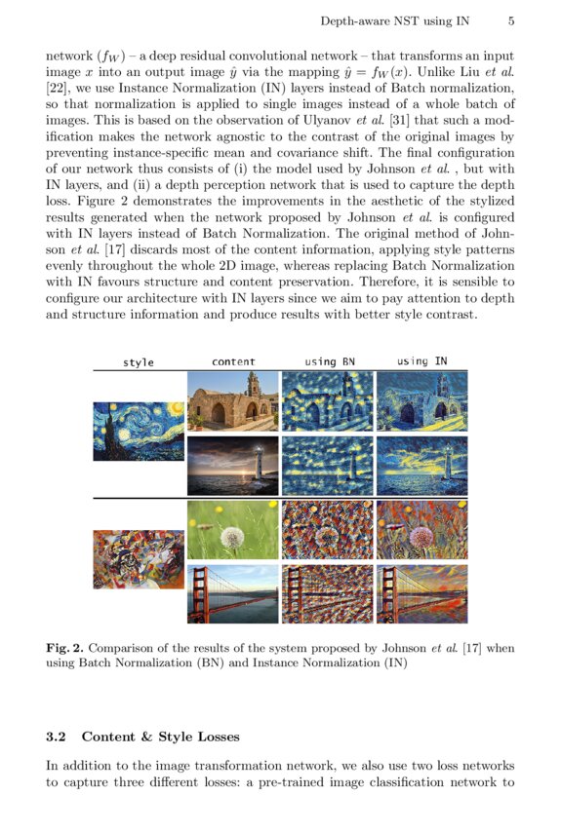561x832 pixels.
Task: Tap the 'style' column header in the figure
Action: tap(139, 362)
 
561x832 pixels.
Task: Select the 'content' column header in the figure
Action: tap(233, 362)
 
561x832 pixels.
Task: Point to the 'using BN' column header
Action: tap(328, 361)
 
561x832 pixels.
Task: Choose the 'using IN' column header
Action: tap(421, 361)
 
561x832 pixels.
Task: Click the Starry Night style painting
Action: tap(139, 431)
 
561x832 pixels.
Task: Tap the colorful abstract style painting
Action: tap(139, 559)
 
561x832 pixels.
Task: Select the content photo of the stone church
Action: tap(233, 400)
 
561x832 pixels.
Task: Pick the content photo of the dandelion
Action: tap(233, 530)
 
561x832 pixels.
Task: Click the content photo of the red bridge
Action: tap(233, 593)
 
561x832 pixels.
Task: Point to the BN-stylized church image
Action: tap(328, 400)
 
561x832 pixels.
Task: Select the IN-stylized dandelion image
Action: tap(421, 530)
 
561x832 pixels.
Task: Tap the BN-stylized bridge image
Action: tap(328, 593)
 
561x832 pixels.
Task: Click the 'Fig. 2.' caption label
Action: tap(63, 648)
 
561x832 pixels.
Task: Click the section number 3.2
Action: tap(58, 737)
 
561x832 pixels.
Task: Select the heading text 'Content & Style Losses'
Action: tap(160, 737)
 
